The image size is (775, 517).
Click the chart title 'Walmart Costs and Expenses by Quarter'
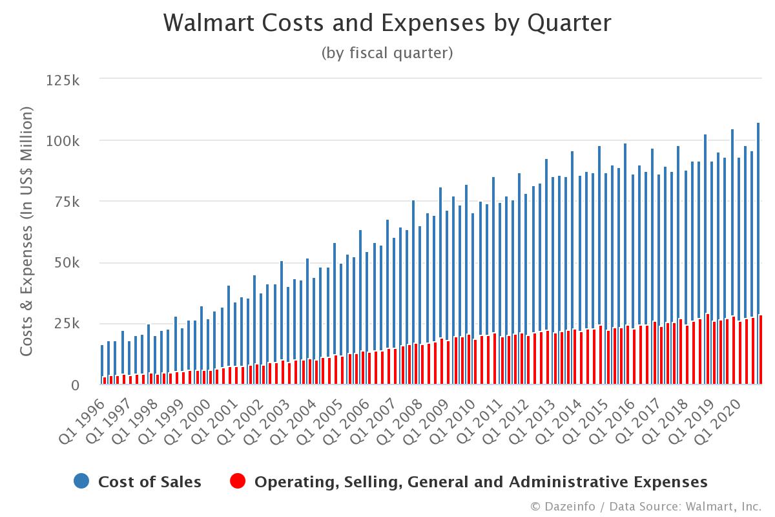tap(387, 23)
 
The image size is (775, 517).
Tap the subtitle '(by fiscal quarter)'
tap(387, 53)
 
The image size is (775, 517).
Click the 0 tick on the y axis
tap(75, 385)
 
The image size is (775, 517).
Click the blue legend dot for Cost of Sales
tap(81, 481)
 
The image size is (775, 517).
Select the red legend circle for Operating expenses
tap(238, 481)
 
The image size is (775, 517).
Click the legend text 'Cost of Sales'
tap(150, 482)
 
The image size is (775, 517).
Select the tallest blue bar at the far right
tap(758, 252)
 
